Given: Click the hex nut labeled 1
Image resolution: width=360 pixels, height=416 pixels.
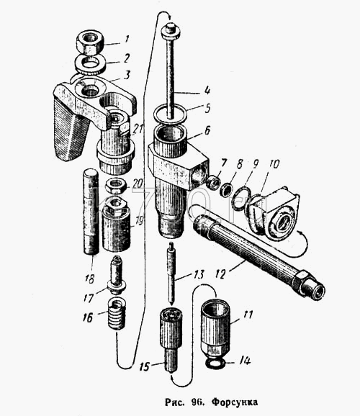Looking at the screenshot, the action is pos(90,42).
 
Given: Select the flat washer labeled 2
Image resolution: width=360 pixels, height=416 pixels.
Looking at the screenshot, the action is pos(90,65).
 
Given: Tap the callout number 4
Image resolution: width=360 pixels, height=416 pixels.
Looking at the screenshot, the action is pos(207,90).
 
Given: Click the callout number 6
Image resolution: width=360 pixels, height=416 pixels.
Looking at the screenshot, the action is pos(207,131).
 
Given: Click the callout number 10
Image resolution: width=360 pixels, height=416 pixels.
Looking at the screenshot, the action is pos(274,165).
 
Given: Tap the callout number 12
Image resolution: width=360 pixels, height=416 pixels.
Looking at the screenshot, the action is pos(222,273).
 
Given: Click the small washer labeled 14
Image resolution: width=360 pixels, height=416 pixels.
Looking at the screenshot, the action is pos(215,363).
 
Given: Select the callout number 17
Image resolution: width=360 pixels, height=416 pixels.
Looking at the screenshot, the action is pos(89,298).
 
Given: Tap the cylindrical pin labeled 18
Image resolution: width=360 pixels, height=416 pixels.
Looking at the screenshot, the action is pos(91,212).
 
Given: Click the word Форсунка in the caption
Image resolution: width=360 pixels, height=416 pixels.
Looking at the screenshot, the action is pos(235,402).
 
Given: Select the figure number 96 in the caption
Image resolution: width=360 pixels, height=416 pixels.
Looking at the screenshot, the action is pos(197,402).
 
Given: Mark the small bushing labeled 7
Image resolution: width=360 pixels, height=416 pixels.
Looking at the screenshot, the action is pos(213,183).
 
